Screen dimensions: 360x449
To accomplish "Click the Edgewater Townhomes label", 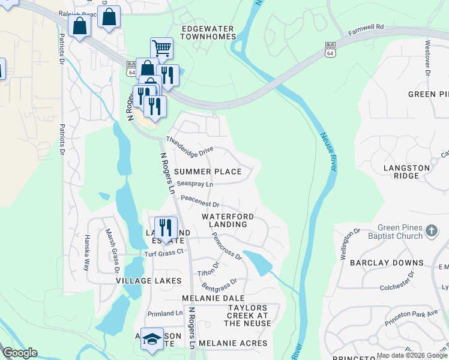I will [x=208, y=32].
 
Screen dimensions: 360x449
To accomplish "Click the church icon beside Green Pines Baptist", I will [x=430, y=231].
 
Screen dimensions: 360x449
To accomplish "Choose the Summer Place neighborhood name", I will [x=208, y=172].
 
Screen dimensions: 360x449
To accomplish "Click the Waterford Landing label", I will [x=228, y=220].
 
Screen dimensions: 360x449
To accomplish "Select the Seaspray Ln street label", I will [x=194, y=184].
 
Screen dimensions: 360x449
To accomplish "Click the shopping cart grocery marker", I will [x=161, y=48].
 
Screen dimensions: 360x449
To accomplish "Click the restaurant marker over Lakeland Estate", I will [x=165, y=227].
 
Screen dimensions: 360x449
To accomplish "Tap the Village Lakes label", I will [x=149, y=280].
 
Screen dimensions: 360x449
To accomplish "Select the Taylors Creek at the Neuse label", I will [x=249, y=316].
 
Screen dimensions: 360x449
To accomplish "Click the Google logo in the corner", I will [x=20, y=353].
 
